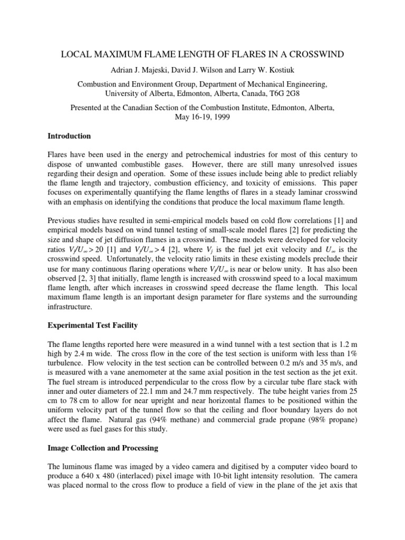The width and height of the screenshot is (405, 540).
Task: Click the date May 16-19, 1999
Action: [202, 117]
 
